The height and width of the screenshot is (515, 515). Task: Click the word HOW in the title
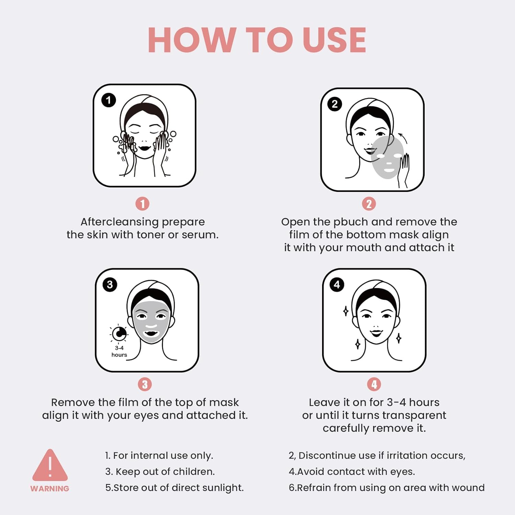(192, 40)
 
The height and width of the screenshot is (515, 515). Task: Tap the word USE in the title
(334, 40)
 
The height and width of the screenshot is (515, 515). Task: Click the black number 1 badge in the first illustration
(108, 100)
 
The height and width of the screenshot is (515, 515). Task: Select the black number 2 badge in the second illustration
(335, 104)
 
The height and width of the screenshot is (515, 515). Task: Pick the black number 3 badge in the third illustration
(110, 285)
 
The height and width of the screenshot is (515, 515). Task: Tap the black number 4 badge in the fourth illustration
(337, 285)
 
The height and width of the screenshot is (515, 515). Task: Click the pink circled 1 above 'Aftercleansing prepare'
(142, 204)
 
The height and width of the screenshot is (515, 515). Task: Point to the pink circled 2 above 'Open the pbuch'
(369, 204)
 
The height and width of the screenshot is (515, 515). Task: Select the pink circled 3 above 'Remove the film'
(145, 385)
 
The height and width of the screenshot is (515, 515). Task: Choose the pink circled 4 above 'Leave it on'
(374, 385)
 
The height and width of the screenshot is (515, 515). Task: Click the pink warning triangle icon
(50, 466)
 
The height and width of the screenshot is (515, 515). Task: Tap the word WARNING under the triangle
(50, 489)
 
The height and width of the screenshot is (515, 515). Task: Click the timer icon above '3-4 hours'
(119, 333)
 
